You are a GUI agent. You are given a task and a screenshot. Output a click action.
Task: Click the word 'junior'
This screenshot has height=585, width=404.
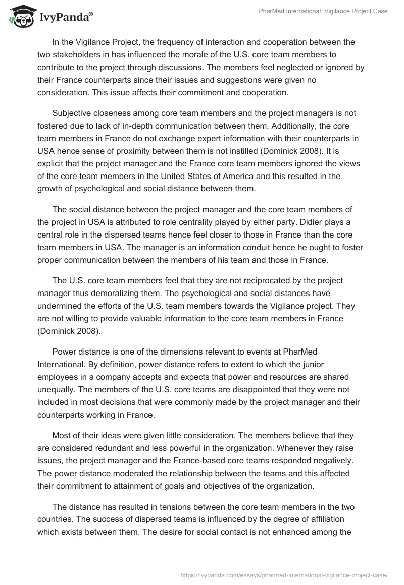pos(346,364)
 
